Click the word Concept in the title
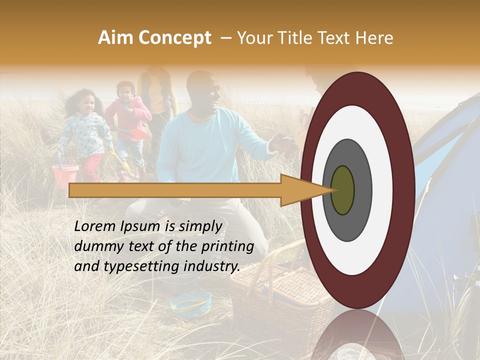pos(174,38)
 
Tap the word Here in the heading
pos(375,38)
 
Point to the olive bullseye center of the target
pos(343,190)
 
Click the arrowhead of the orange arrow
pos(305,190)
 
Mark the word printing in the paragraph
pos(228,246)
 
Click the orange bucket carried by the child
pos(65,176)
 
